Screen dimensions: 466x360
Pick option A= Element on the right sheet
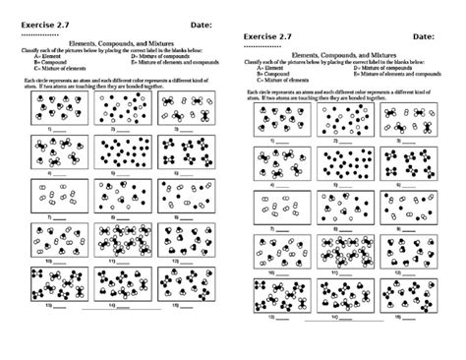[x=269, y=67]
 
